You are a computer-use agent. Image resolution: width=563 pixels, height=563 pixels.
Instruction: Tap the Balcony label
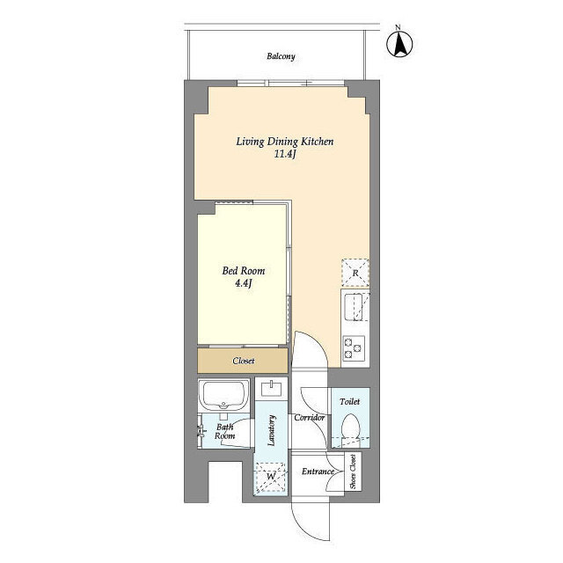tap(281, 56)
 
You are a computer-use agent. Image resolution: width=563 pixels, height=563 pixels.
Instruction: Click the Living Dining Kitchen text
tap(285, 142)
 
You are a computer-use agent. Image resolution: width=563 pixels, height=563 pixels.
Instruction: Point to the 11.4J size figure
tap(285, 155)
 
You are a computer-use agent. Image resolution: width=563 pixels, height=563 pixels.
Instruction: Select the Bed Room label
tap(244, 271)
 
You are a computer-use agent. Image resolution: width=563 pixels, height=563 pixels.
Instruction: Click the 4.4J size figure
tap(244, 283)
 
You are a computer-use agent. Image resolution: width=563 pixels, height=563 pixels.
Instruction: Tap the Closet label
tap(244, 361)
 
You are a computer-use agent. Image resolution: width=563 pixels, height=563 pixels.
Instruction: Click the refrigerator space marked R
tap(355, 273)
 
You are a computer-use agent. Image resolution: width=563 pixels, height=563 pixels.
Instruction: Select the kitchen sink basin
tap(355, 307)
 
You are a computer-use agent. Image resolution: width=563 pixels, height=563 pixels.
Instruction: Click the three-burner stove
tap(354, 348)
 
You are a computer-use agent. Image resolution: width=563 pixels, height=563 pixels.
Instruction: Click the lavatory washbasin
tap(272, 389)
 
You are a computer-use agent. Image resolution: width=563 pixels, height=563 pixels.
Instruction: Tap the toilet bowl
tap(350, 426)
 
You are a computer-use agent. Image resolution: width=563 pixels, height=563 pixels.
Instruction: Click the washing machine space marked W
tap(271, 477)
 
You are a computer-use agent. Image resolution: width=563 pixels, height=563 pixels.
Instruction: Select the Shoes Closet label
tap(353, 472)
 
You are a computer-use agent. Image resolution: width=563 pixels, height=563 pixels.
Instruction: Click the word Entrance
tap(318, 472)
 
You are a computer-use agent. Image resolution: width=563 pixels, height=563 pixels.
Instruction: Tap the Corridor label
tap(309, 418)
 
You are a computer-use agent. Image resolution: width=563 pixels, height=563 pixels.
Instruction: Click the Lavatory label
tap(272, 430)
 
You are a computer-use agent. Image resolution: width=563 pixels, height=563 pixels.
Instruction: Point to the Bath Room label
tap(225, 431)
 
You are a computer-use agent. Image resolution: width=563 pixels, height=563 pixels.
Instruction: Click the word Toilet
tap(350, 401)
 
